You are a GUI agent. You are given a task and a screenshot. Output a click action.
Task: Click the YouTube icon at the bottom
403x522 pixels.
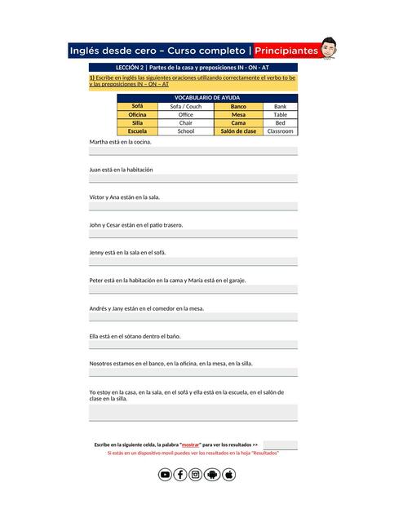tap(165, 475)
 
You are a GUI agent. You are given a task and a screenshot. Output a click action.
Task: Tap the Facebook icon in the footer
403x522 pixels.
tap(180, 475)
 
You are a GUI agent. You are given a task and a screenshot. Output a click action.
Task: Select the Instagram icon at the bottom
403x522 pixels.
tap(196, 475)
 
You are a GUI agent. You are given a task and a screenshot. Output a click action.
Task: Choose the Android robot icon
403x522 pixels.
tap(212, 475)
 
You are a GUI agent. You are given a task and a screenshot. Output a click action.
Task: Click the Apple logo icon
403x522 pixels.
tap(228, 475)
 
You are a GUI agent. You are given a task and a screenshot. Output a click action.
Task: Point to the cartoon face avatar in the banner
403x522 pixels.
tap(329, 47)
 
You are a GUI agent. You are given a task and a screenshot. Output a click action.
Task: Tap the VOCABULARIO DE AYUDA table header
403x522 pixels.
tap(207, 98)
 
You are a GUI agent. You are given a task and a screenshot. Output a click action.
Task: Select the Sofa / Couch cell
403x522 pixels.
tap(185, 107)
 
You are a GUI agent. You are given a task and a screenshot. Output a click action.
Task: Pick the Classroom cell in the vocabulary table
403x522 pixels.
tap(280, 131)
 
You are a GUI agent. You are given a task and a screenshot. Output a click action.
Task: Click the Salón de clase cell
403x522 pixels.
tap(238, 131)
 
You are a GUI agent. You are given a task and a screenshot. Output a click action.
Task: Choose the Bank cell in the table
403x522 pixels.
tap(280, 107)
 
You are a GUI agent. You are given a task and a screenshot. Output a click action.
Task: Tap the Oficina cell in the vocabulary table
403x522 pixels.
tap(137, 115)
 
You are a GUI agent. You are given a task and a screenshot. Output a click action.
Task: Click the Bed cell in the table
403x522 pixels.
tap(280, 123)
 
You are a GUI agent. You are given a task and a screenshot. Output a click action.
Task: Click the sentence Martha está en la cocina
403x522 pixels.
tap(120, 142)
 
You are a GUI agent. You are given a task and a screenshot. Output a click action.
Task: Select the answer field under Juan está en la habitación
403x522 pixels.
tap(193, 179)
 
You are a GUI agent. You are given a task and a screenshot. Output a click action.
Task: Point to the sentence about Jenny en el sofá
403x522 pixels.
tap(127, 253)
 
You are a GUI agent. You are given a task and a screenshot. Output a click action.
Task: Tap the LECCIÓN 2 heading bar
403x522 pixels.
tap(193, 67)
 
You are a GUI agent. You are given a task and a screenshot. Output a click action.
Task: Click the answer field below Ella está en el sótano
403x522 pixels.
tap(193, 345)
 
